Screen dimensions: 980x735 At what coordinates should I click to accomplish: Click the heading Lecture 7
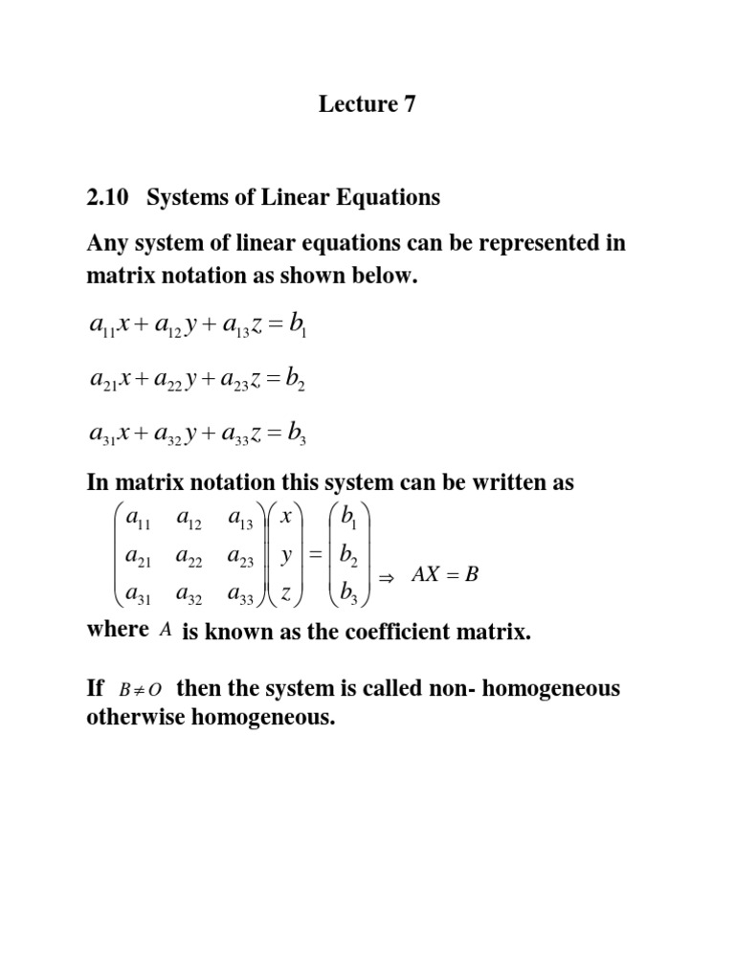367,105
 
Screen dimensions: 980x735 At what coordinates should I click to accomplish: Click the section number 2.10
107,198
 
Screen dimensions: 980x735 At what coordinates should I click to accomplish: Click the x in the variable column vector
286,517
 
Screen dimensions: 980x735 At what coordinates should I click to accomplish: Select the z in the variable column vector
286,593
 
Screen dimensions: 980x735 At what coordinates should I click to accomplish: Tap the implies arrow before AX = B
388,578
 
